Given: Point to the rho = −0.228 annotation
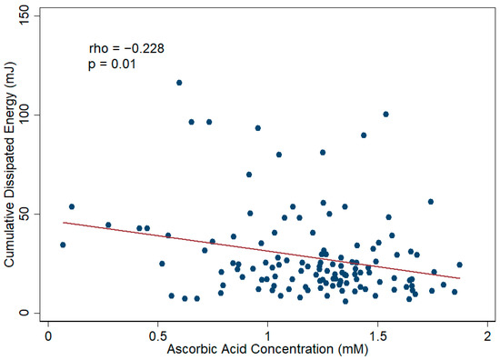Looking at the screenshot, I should [x=125, y=48].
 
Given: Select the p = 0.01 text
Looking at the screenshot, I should [x=112, y=65].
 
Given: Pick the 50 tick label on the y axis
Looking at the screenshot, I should [x=30, y=214].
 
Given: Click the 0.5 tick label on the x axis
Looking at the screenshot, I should [x=157, y=334].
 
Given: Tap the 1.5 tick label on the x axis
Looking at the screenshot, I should [x=377, y=334].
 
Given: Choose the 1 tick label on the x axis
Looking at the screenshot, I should [x=267, y=334].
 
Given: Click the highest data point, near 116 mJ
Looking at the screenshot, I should [x=179, y=83].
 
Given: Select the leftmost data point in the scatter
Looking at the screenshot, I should [x=63, y=245].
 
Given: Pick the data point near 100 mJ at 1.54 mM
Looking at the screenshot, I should [x=385, y=115].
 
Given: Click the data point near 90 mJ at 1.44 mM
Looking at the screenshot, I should [x=364, y=135].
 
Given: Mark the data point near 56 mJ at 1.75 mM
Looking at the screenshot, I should [x=431, y=202].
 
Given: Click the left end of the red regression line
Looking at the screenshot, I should [x=63, y=223].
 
